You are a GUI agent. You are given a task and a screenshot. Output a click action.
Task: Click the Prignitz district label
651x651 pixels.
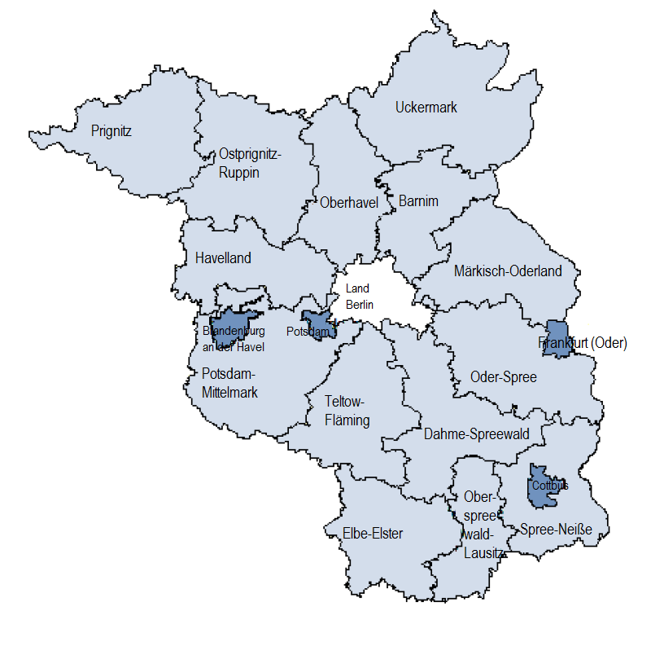pos(111,130)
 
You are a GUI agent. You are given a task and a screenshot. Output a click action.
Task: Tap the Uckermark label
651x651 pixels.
pos(426,108)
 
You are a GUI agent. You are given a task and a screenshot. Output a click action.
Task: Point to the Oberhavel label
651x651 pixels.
pos(350,203)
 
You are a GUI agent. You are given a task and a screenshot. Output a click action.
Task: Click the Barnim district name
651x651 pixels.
pos(418,201)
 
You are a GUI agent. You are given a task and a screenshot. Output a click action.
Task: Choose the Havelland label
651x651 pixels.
pos(223,258)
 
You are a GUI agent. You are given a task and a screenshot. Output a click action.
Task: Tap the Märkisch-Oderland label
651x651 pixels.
pos(507,271)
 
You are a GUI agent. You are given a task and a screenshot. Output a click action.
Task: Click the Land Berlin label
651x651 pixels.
pos(358,296)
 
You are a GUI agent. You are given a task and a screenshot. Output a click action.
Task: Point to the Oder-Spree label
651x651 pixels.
pos(504,377)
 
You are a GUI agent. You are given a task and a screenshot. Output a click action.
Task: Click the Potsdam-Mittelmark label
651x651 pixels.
pos(229,383)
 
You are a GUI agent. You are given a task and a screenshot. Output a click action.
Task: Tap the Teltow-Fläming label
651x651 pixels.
pos(347,411)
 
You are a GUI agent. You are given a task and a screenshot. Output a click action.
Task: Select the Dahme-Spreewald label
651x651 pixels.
pos(476,434)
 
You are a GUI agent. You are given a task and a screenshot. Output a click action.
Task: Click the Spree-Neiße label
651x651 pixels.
pos(556,530)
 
